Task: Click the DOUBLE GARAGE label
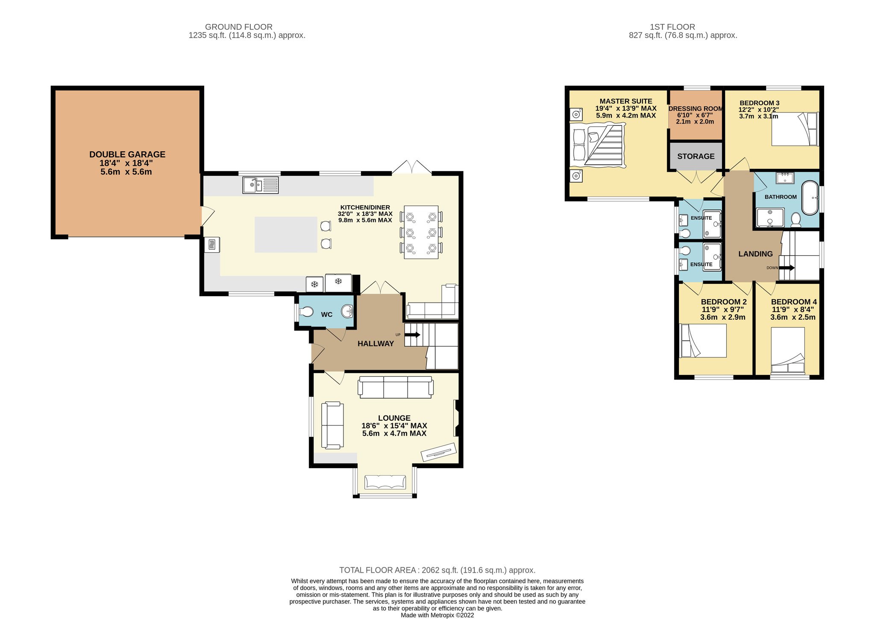coord(127,154)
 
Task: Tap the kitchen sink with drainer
coord(261,185)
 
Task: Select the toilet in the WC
coord(306,312)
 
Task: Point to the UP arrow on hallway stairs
coord(412,335)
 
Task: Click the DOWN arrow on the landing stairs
coord(787,268)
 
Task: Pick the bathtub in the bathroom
coord(810,198)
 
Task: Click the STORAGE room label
coord(696,156)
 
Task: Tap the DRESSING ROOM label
coord(696,109)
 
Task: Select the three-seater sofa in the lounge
coord(396,387)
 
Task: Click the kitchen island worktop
coord(286,235)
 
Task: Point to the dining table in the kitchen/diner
coord(421,232)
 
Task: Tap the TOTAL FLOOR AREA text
coord(437,570)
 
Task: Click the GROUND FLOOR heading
coord(239,27)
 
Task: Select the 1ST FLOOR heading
coord(672,27)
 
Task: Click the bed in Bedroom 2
coord(703,341)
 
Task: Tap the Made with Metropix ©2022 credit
coord(437,615)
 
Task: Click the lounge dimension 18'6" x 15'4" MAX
coord(394,426)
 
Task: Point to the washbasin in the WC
coord(347,312)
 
